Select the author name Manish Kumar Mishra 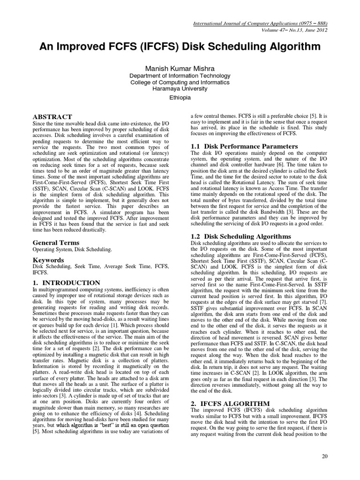tap(180, 68)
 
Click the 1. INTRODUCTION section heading tap(66, 283)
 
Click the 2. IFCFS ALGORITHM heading tap(230, 403)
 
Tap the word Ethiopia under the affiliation tap(180, 97)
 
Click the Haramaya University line tap(180, 89)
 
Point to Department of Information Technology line tap(180, 76)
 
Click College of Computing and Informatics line tap(180, 82)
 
